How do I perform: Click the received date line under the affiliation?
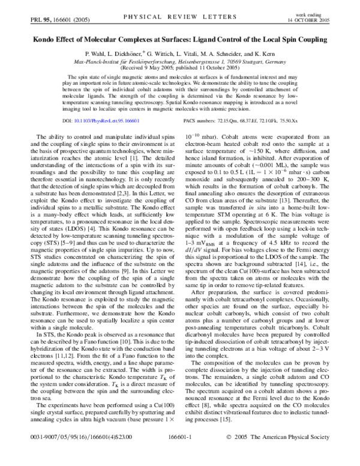pyautogui.click(x=179, y=68)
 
